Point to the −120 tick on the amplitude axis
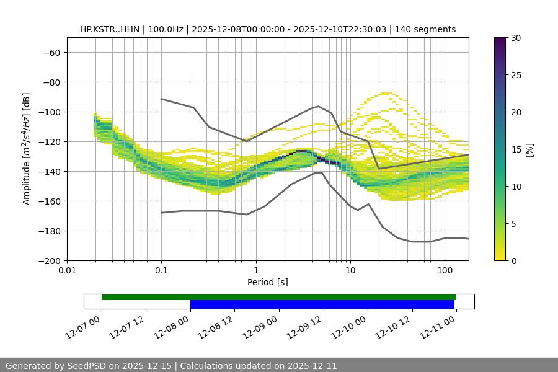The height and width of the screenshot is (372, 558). coord(50,142)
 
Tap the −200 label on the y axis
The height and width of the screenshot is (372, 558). coord(50,261)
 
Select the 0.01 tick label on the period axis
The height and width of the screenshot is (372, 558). coord(67,271)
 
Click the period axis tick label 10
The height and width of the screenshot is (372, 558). coord(350,271)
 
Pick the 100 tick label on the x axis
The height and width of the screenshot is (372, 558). coord(445,271)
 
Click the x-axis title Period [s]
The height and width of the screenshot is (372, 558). coord(268,282)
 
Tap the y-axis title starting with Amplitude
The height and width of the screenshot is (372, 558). coord(27,149)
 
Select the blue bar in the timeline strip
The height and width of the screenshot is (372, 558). coord(322,304)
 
